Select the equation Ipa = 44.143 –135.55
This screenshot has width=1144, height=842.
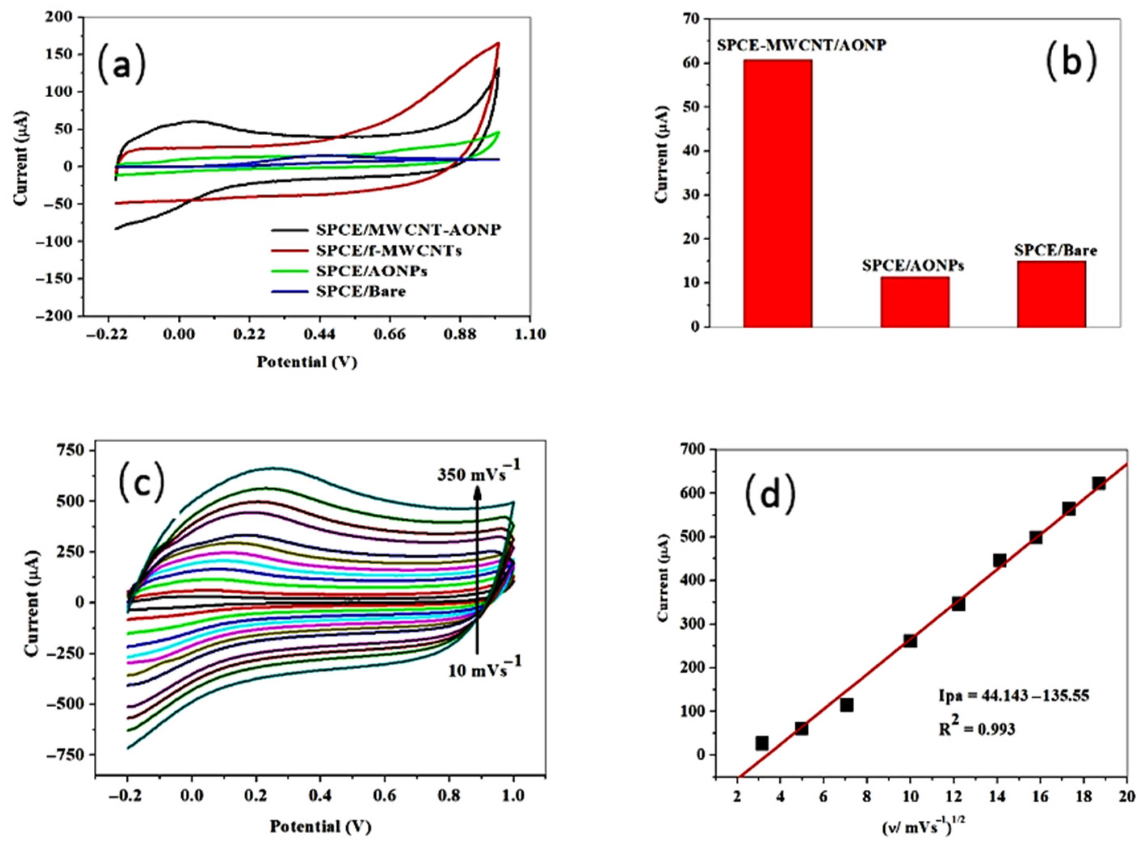[1014, 696]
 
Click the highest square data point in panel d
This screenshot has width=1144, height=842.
[1099, 483]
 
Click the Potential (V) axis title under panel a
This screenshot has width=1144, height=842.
[306, 362]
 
